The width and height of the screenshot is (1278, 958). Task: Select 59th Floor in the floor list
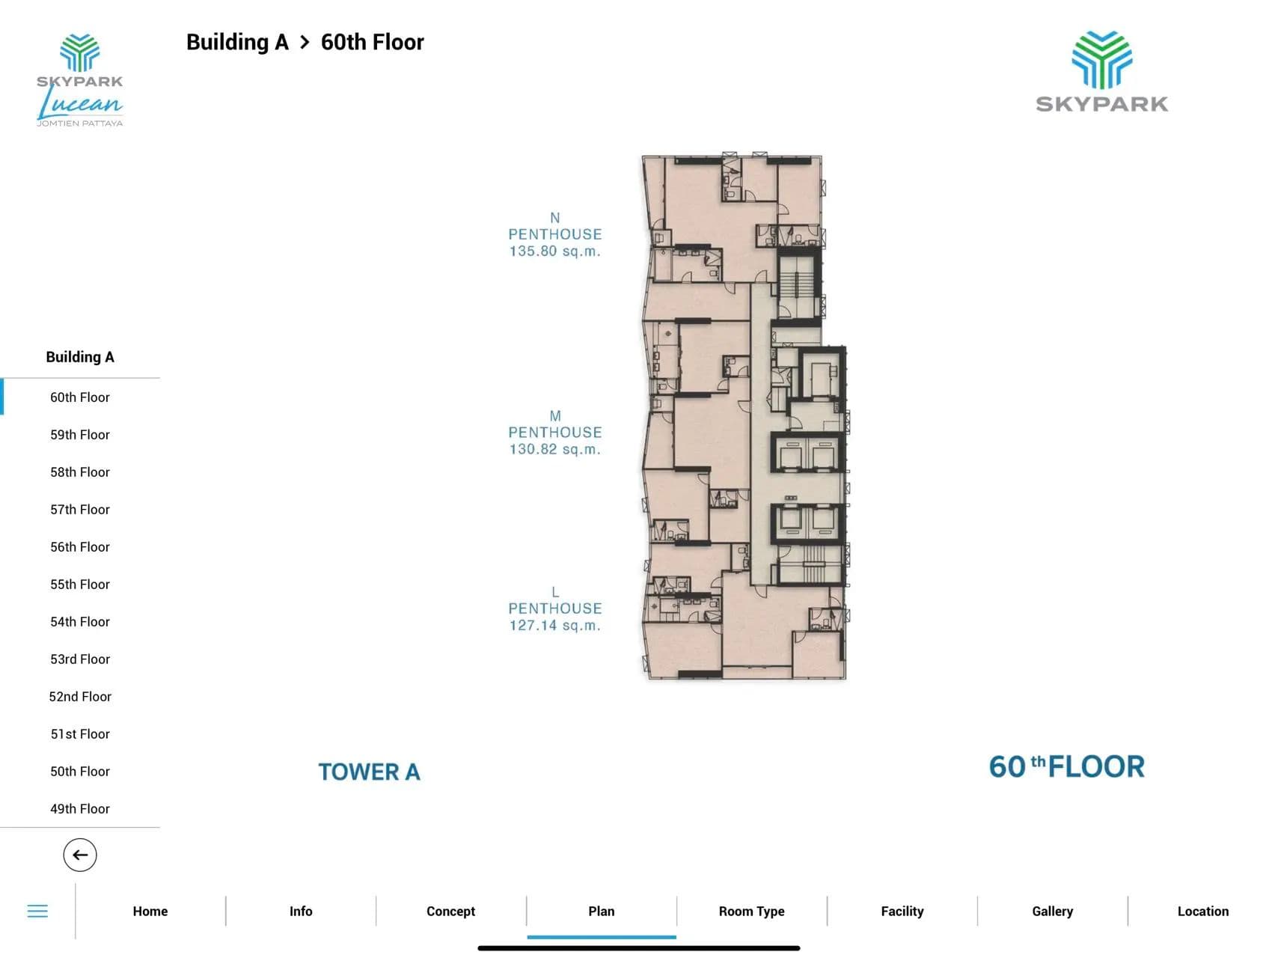pos(80,435)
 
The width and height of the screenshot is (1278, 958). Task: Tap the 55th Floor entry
pos(80,585)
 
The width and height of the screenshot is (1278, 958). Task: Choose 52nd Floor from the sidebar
pos(80,697)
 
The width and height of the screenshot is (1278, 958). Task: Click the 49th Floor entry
pos(80,809)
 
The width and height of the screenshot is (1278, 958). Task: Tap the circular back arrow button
pos(80,855)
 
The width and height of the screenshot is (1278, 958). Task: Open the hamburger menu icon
pos(37,911)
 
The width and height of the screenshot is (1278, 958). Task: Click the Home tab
pos(150,911)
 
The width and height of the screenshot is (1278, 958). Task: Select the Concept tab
pos(451,911)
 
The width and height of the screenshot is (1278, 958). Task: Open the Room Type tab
pos(752,911)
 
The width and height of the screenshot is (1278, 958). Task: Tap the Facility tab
pos(902,911)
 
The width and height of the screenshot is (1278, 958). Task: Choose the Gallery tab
pos(1053,911)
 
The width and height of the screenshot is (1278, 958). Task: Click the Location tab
pos(1203,911)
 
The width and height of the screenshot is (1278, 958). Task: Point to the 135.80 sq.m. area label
pos(555,251)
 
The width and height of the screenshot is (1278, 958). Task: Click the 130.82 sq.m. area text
pos(555,450)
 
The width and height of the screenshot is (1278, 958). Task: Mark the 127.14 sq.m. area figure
pos(555,626)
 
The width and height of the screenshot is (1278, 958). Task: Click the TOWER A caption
pos(370,772)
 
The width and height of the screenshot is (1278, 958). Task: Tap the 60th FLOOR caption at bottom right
pos(1067,766)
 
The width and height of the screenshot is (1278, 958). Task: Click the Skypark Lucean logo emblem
pos(80,52)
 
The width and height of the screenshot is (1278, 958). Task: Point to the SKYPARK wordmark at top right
pos(1102,104)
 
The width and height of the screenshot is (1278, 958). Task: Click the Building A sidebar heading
pos(80,357)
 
